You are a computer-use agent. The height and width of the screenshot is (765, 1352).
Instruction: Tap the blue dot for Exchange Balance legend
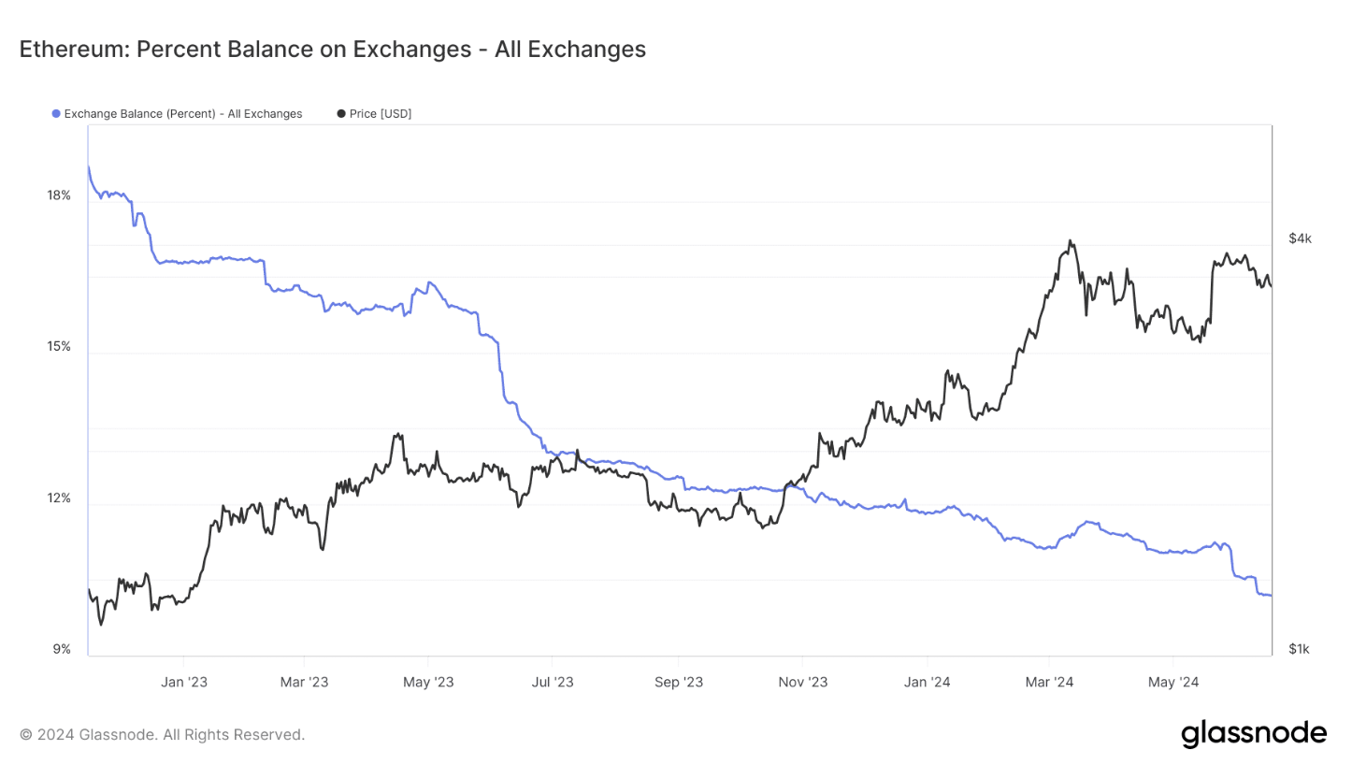pyautogui.click(x=56, y=114)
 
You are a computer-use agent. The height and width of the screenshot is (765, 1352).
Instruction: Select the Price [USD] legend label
pyautogui.click(x=380, y=114)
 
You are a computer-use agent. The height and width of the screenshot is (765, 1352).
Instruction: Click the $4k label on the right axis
pyautogui.click(x=1300, y=238)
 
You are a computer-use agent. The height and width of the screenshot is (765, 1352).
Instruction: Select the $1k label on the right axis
pyautogui.click(x=1300, y=649)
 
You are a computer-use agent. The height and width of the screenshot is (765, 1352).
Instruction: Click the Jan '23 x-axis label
pyautogui.click(x=183, y=683)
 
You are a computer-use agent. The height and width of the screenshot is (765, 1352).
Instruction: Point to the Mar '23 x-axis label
pyautogui.click(x=305, y=683)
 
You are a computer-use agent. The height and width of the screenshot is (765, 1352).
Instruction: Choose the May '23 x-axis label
pyautogui.click(x=428, y=683)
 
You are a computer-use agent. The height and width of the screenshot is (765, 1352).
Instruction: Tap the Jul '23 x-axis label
pyautogui.click(x=552, y=683)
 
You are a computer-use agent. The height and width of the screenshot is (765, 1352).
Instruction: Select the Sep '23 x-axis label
pyautogui.click(x=679, y=683)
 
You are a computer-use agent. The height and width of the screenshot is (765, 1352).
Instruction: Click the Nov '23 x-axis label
pyautogui.click(x=803, y=683)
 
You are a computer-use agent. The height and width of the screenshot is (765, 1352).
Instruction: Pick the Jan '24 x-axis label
pyautogui.click(x=928, y=683)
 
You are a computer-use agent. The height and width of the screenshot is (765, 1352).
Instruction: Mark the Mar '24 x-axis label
pyautogui.click(x=1049, y=683)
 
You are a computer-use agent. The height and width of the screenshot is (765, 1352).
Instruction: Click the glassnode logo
pyautogui.click(x=1253, y=733)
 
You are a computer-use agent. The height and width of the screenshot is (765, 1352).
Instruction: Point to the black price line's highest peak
pyautogui.click(x=1070, y=241)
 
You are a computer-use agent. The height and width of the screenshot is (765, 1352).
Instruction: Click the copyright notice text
pyautogui.click(x=162, y=735)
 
